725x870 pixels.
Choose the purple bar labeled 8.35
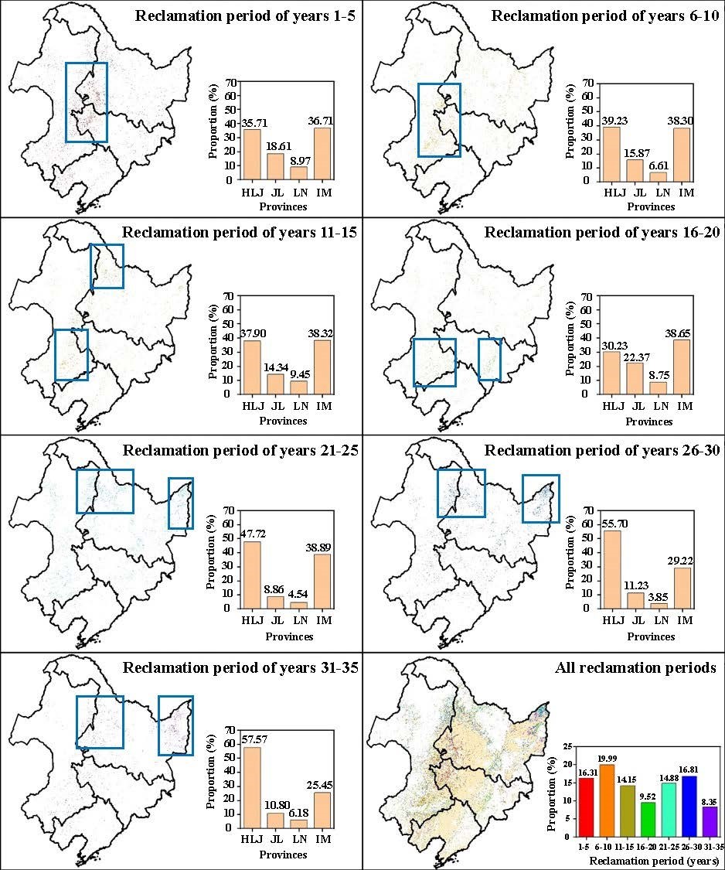[709, 821]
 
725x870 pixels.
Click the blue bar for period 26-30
[689, 806]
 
